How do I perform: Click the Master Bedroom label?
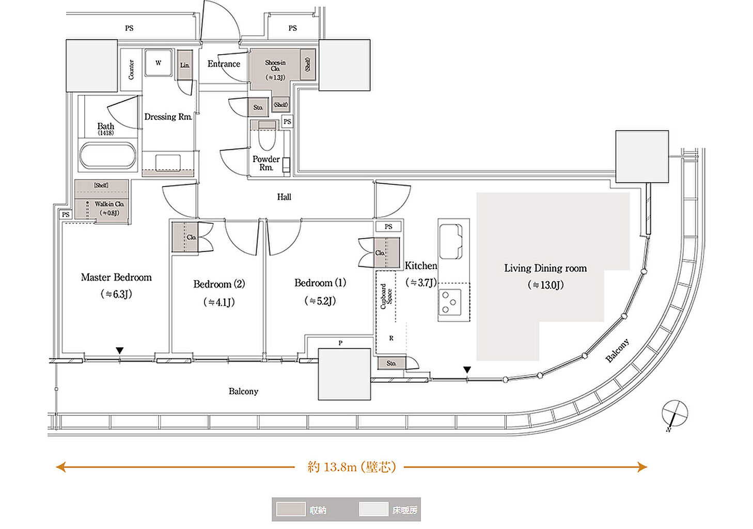tap(116, 277)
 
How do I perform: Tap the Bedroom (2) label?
tap(219, 284)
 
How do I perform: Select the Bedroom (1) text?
tap(320, 283)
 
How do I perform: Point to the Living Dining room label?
tap(545, 268)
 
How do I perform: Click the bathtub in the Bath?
tap(107, 156)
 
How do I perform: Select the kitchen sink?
tap(451, 241)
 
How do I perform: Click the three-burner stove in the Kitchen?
tap(450, 302)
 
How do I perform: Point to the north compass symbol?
tap(674, 414)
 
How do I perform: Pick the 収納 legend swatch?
tap(290, 509)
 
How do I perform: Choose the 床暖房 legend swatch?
tap(373, 509)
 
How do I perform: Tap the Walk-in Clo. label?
tap(109, 204)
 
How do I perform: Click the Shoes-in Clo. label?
tap(275, 66)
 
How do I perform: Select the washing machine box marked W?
tap(159, 63)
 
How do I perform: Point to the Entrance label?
tap(224, 64)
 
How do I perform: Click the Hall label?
tap(284, 197)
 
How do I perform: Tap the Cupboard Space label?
tap(386, 296)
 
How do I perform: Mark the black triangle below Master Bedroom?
tap(120, 351)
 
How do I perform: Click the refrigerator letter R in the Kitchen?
tap(391, 338)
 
